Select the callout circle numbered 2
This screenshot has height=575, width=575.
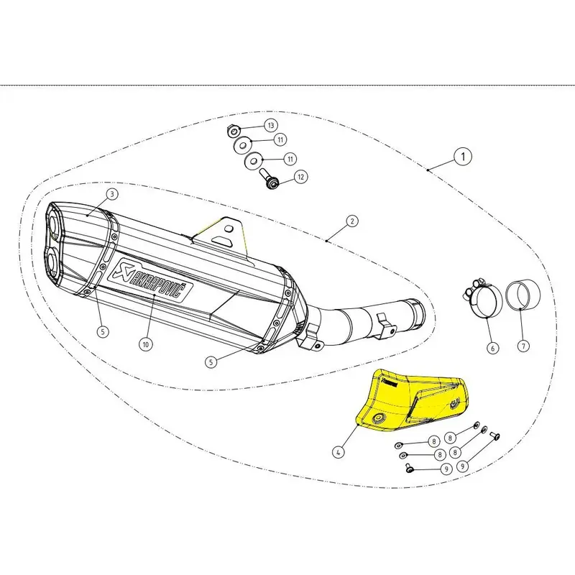click(x=352, y=221)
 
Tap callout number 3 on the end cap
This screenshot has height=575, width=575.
click(x=112, y=194)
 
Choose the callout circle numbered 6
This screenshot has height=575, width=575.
click(x=492, y=348)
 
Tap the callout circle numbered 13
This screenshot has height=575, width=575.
click(x=270, y=125)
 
